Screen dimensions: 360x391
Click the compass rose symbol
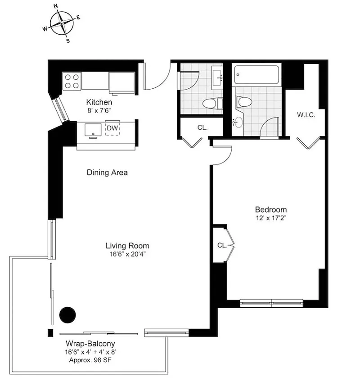click(62, 23)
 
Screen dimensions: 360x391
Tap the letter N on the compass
click(56, 6)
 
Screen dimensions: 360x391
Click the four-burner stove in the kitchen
click(72, 81)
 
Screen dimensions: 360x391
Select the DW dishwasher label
click(112, 128)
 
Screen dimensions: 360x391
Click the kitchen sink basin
click(93, 130)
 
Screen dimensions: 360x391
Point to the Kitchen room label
click(99, 102)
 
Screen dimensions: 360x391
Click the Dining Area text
click(107, 173)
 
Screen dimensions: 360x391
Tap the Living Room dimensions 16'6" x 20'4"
click(127, 255)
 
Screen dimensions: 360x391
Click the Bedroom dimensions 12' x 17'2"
click(271, 218)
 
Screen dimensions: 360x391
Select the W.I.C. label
click(306, 115)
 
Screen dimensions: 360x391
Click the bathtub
click(256, 75)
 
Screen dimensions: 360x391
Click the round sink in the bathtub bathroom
click(238, 122)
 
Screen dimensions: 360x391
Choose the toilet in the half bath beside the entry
click(212, 104)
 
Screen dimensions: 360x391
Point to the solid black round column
click(67, 315)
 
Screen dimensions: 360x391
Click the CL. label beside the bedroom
click(222, 246)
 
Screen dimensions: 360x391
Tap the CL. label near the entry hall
click(202, 127)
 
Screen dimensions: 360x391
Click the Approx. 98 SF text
click(90, 360)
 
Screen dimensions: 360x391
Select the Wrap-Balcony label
click(90, 344)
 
